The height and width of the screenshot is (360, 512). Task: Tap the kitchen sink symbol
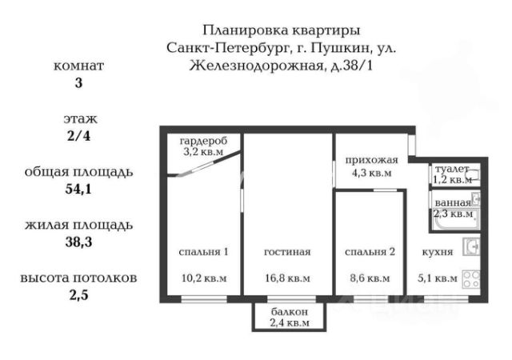(x=472, y=248)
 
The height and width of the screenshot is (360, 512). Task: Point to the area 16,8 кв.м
(x=287, y=278)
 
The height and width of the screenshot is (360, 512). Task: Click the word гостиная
(x=287, y=252)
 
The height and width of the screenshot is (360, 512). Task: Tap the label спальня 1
(x=202, y=252)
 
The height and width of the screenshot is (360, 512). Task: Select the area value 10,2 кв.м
(x=202, y=278)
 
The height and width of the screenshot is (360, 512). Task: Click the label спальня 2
(x=370, y=252)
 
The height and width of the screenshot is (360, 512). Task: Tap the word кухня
(x=438, y=252)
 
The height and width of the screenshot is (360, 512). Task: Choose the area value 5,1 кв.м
(x=439, y=278)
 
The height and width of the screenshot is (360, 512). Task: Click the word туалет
(x=451, y=170)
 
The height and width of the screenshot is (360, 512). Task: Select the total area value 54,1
(x=78, y=190)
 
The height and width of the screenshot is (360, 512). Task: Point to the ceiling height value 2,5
(x=78, y=294)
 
